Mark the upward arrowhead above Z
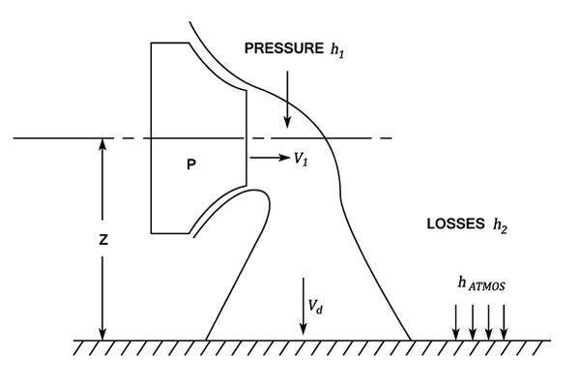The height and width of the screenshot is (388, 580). (x=101, y=146)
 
